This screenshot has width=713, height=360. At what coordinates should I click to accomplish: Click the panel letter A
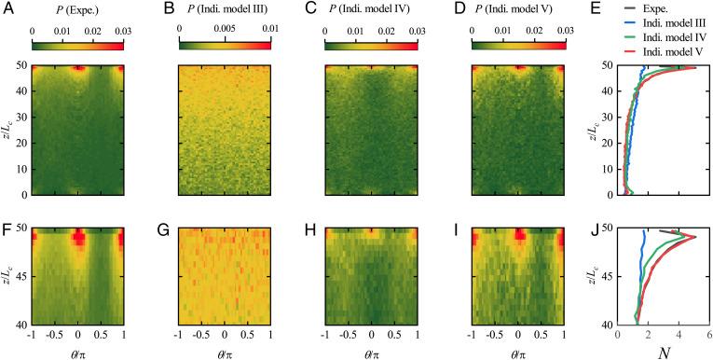click(x=8, y=9)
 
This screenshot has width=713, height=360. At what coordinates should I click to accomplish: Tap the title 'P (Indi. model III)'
click(x=223, y=10)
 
